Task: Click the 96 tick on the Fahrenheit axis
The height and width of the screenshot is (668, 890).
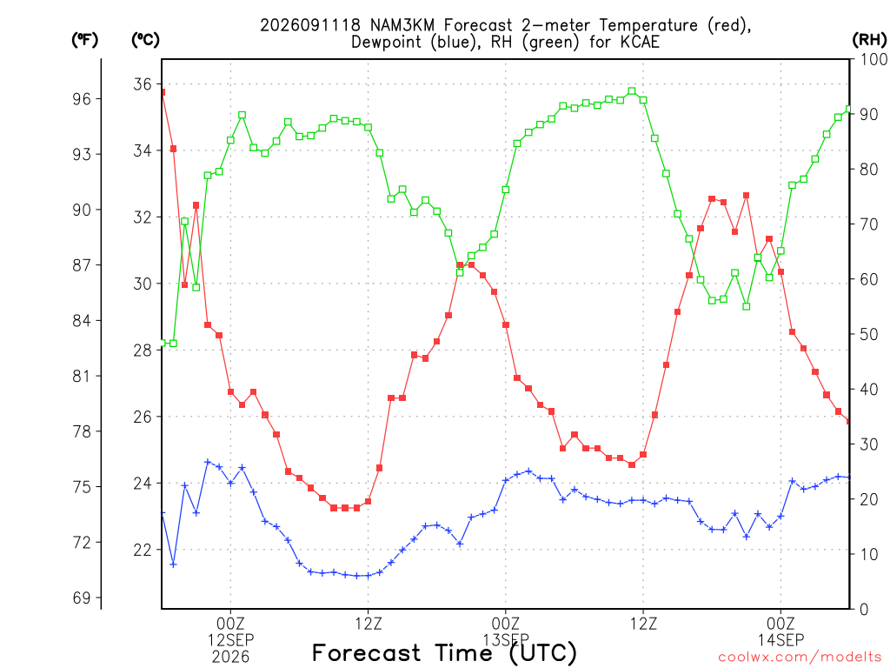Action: click(81, 99)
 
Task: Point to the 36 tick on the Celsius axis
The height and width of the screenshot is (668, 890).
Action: click(143, 84)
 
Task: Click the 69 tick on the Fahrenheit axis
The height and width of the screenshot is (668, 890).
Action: click(81, 598)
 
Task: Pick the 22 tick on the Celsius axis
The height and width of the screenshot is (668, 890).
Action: click(143, 550)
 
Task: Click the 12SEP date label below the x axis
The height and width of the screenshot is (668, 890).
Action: click(230, 639)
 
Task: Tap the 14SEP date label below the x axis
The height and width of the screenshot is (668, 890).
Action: click(781, 639)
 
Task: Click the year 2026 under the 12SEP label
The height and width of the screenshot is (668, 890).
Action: click(230, 657)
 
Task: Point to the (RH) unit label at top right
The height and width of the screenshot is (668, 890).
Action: click(869, 39)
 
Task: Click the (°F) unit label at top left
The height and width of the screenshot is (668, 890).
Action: click(84, 40)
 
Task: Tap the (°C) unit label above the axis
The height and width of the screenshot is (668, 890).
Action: click(145, 40)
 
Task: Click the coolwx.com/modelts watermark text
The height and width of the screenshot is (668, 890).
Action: click(800, 657)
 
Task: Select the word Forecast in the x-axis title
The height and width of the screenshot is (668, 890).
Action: click(367, 652)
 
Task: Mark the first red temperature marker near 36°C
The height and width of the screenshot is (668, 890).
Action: click(163, 92)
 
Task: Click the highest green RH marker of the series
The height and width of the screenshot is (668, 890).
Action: click(632, 90)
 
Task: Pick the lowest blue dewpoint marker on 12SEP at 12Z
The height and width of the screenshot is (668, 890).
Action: click(357, 576)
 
